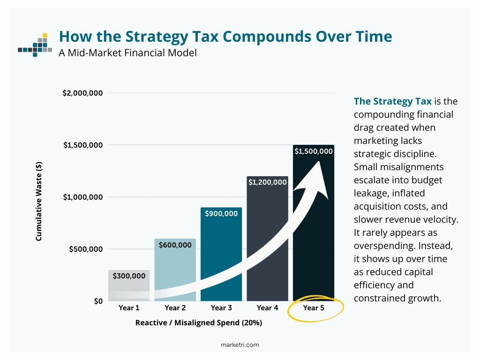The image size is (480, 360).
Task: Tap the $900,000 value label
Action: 221,214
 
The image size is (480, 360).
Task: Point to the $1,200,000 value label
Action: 267,182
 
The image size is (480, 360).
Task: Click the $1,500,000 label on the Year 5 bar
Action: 314,151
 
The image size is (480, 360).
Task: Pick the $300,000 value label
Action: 129,276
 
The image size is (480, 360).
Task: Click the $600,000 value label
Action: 175,245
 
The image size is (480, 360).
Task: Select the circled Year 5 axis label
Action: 314,308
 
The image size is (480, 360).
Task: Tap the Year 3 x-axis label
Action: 221,308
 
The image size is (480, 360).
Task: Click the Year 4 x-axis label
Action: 267,308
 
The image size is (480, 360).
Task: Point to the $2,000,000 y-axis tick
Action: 82,93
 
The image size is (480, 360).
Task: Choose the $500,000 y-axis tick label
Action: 86,249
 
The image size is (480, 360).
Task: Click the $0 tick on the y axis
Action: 97,301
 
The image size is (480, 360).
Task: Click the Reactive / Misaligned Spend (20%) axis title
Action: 198,323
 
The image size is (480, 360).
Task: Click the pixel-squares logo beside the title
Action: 35,45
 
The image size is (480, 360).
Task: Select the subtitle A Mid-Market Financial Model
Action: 127,52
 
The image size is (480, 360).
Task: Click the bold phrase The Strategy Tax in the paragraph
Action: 386,101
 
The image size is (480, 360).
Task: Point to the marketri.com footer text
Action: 240,345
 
